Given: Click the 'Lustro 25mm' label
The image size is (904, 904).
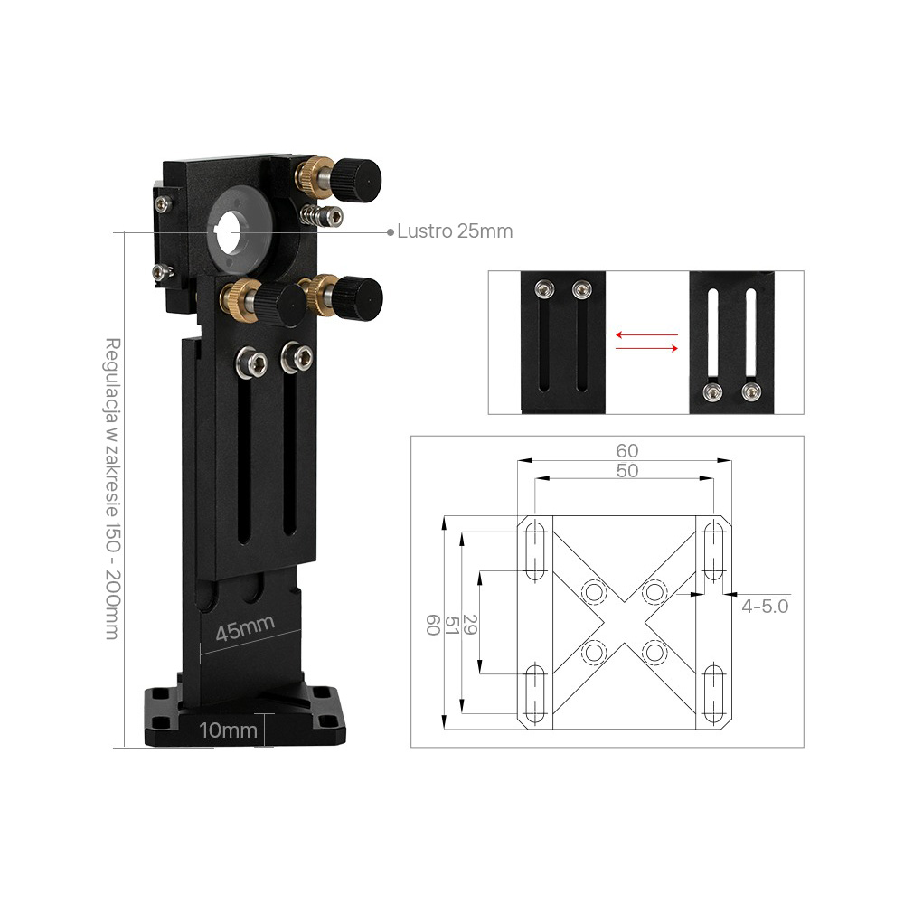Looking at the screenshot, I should click(455, 231).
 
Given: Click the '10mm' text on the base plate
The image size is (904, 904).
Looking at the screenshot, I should click(228, 730).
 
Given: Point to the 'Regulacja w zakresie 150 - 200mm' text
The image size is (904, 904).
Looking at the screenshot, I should click(112, 488).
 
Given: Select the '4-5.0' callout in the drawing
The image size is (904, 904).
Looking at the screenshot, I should click(765, 607).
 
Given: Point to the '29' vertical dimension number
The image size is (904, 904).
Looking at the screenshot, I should click(469, 625).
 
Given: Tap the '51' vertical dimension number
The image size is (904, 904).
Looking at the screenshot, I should click(451, 625).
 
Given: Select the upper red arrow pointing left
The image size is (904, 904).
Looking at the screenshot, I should click(646, 334).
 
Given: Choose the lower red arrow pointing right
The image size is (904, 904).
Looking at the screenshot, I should click(646, 348).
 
